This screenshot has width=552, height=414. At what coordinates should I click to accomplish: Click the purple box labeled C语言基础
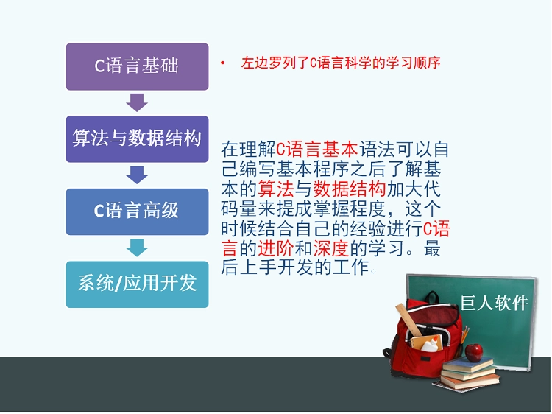(x=137, y=66)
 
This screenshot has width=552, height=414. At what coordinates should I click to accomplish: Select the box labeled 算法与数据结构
(x=137, y=138)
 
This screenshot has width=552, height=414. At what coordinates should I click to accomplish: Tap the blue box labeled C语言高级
(x=137, y=211)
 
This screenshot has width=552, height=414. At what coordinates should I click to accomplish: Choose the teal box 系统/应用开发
(x=137, y=284)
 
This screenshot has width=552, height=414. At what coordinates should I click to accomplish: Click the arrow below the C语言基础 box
(x=137, y=102)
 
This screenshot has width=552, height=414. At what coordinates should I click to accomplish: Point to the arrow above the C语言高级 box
(x=137, y=175)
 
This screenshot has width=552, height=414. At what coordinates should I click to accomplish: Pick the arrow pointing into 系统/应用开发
(x=137, y=248)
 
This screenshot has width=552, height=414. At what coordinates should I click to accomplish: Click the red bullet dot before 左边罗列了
(x=222, y=63)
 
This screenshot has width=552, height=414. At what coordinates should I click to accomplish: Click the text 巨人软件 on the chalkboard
(x=495, y=302)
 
